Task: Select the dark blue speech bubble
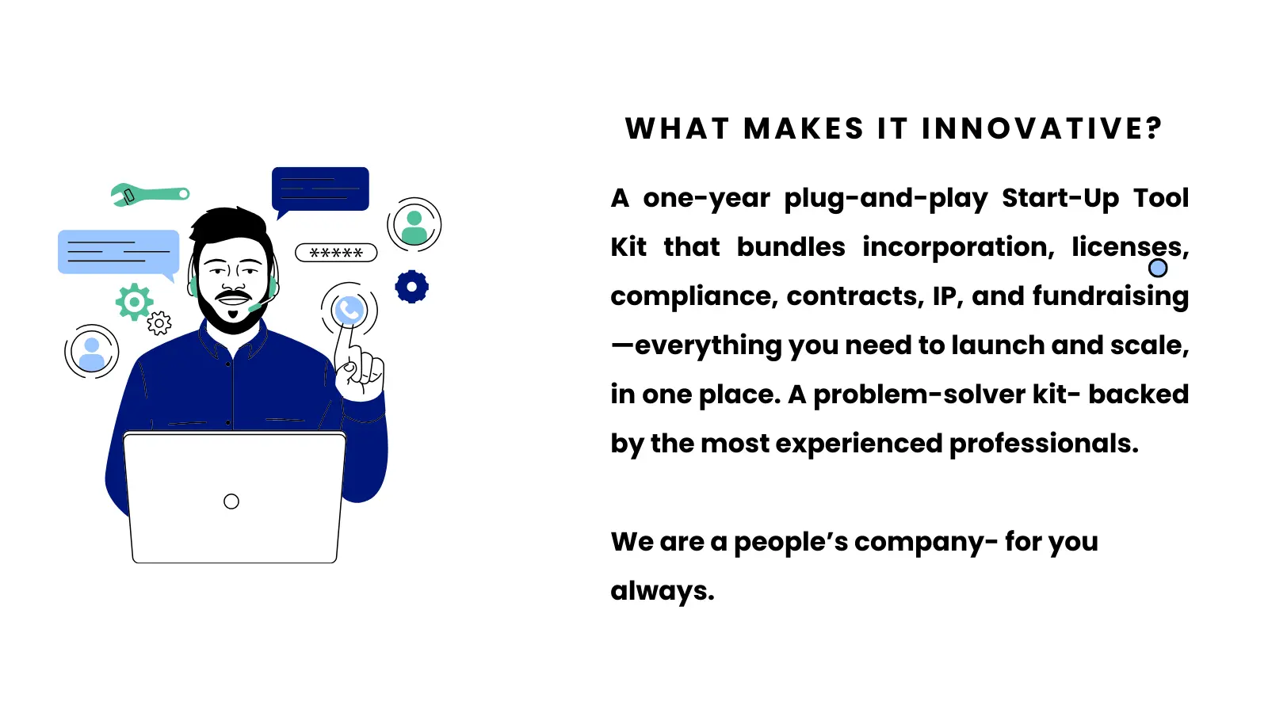(x=320, y=189)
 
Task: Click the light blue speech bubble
(x=118, y=252)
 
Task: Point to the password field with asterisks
(x=336, y=253)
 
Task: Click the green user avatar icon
(x=414, y=226)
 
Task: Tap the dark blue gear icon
(x=412, y=287)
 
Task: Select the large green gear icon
(x=134, y=302)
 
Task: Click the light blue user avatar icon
(x=92, y=353)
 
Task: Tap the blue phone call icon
(x=349, y=310)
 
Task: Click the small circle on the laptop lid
(x=231, y=501)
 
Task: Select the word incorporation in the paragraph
(x=958, y=247)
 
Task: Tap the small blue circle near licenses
(x=1158, y=269)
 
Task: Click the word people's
(x=790, y=542)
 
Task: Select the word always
(x=662, y=591)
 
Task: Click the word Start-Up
(x=1060, y=198)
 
